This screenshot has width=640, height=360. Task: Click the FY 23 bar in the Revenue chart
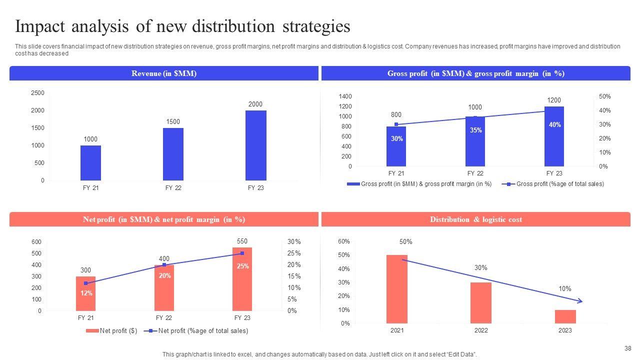coord(255,145)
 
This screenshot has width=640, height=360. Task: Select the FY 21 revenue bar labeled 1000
coord(90,162)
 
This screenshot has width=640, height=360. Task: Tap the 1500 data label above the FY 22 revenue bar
coord(173,121)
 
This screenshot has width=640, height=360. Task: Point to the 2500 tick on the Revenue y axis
coord(37,93)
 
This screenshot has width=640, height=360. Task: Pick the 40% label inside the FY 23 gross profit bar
coord(554,125)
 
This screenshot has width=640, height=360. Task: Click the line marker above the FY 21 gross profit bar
coord(396,124)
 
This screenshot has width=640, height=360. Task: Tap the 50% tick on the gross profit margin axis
coord(604,96)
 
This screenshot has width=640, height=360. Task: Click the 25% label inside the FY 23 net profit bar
coord(242,266)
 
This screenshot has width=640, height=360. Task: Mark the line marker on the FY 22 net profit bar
coord(164,265)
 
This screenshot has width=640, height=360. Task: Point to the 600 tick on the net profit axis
coord(36,242)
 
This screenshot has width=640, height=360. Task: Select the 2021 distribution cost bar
coord(397,289)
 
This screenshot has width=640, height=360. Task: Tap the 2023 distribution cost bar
coord(565,316)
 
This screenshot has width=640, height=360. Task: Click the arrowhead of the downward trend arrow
coord(580,301)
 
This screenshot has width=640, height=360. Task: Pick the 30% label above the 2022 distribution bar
coord(481,268)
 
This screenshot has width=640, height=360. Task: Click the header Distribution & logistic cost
coord(475,219)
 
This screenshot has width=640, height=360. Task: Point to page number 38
coord(628,348)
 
